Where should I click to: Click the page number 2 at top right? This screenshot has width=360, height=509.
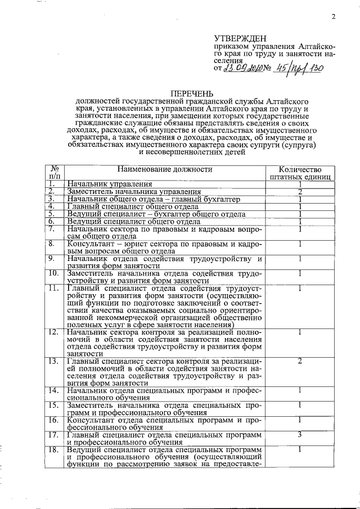pyautogui.click(x=333, y=16)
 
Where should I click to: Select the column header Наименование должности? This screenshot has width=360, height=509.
pyautogui.click(x=165, y=169)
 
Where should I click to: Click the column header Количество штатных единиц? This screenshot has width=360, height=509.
pyautogui.click(x=300, y=173)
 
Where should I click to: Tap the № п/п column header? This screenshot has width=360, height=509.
pyautogui.click(x=55, y=173)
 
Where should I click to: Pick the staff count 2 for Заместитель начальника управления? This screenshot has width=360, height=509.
pyautogui.click(x=300, y=191)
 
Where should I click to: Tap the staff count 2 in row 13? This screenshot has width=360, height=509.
pyautogui.click(x=300, y=361)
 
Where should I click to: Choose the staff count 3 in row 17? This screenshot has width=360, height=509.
pyautogui.click(x=300, y=434)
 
